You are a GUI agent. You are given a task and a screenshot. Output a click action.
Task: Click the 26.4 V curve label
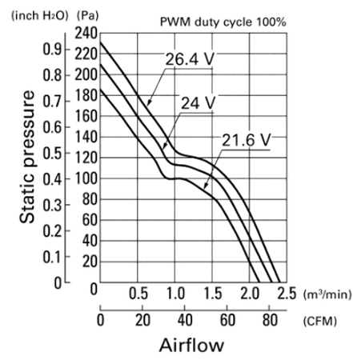click(190, 59)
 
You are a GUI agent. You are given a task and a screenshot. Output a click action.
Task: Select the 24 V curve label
click(198, 103)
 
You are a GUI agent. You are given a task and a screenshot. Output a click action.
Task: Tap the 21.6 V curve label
click(247, 140)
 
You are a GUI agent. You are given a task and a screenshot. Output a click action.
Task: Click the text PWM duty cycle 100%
click(223, 22)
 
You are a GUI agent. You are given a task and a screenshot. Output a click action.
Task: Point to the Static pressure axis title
click(27, 157)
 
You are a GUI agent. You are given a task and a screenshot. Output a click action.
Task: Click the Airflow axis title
click(191, 345)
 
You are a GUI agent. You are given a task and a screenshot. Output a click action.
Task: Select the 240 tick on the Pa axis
click(86, 34)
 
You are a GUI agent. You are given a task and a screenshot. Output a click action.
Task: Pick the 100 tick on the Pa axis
click(86, 178)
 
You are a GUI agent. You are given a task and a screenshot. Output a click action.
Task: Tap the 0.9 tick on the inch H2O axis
click(53, 50)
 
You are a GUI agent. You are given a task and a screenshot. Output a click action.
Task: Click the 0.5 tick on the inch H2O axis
click(53, 154)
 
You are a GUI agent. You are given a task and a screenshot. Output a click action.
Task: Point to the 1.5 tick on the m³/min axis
click(213, 294)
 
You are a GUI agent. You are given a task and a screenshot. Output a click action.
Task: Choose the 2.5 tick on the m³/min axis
click(287, 294)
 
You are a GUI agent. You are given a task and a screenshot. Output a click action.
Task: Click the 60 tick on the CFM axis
click(227, 320)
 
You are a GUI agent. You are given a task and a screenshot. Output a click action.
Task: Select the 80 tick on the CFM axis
click(270, 320)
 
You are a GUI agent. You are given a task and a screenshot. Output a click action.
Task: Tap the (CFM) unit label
click(320, 321)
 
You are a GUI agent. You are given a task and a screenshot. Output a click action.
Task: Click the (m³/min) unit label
click(327, 294)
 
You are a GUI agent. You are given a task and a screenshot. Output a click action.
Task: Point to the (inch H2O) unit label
click(40, 16)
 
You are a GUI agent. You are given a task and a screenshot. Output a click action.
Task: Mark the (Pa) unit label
click(87, 16)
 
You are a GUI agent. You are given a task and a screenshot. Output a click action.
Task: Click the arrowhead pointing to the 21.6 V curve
click(205, 186)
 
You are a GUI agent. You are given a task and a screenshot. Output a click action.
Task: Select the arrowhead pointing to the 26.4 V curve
click(149, 103)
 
